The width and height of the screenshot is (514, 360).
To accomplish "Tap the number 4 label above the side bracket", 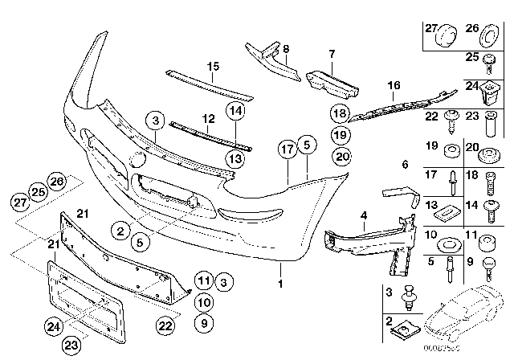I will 364,215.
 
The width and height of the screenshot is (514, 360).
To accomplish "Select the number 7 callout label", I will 330,54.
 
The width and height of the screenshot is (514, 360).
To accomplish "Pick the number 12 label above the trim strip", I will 208,117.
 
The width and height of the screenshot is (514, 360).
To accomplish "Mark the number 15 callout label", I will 213,65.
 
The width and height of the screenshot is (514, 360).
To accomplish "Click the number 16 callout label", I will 393,84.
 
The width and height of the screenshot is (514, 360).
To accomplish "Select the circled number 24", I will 52,326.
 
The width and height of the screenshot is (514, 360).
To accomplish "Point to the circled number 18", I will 341,114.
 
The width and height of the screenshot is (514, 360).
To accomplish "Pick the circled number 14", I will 237,110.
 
